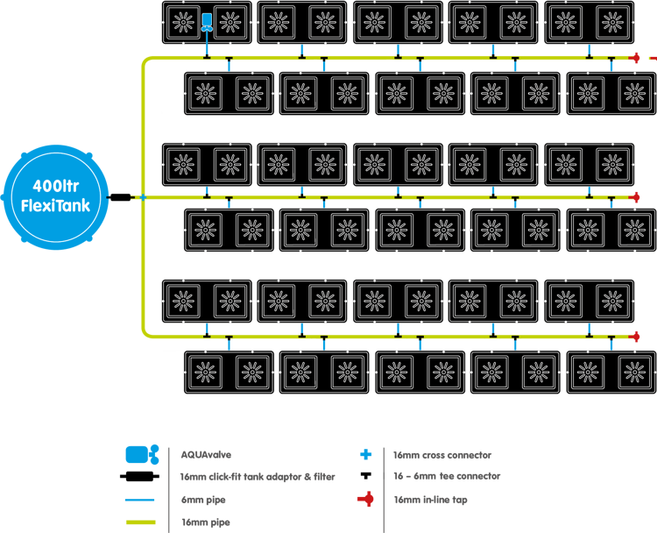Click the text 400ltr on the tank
(x=57, y=186)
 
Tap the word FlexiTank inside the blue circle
(x=57, y=205)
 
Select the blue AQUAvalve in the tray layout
(x=207, y=22)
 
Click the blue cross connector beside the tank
(x=143, y=197)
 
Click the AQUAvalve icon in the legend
(x=141, y=454)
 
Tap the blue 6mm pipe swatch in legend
(x=140, y=501)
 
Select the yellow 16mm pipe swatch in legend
(x=140, y=522)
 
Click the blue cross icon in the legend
(x=366, y=454)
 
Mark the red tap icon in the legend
(x=366, y=500)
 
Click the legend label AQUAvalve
(x=206, y=455)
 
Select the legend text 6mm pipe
(x=202, y=501)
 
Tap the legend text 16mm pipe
(x=204, y=522)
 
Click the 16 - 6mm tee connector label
(x=447, y=477)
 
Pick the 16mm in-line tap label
(x=430, y=501)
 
